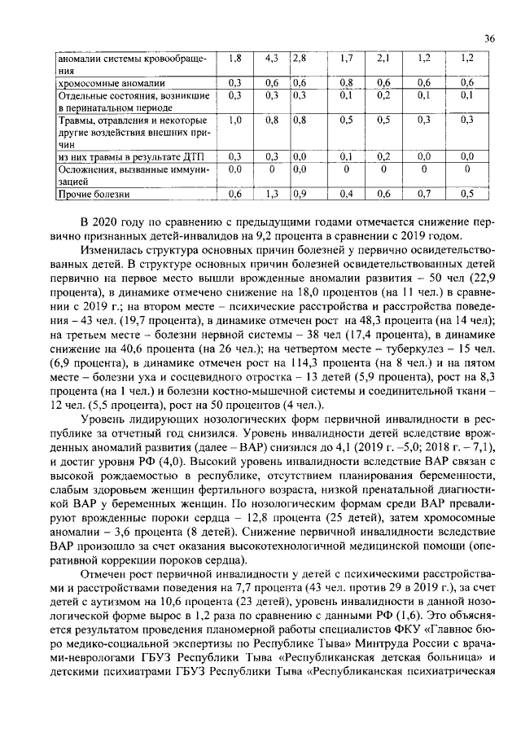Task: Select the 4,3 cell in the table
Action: coord(272,59)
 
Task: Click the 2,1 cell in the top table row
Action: coord(384,59)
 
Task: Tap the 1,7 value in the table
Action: coord(346,59)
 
